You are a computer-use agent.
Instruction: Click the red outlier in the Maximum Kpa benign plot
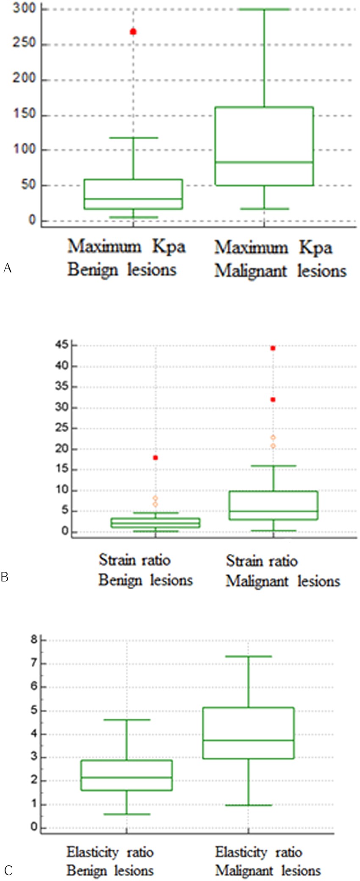coord(133,32)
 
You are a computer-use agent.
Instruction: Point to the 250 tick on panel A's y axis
coord(24,44)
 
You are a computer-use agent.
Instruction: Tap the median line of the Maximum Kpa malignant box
coord(264,162)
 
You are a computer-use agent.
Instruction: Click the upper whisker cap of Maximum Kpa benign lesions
coord(133,138)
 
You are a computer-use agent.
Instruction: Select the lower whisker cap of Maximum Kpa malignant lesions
coord(264,209)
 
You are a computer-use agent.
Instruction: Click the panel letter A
coord(7,268)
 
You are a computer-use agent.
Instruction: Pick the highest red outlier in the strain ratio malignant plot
coord(273,348)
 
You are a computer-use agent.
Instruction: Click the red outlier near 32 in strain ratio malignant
coord(273,400)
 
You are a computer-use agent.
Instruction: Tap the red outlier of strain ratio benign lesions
coord(155,458)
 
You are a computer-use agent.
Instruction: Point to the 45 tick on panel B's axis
coord(62,345)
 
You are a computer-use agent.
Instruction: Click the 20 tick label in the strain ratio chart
coord(62,449)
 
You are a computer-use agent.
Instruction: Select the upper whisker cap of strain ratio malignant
coord(274,466)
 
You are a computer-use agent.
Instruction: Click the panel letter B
coord(5,577)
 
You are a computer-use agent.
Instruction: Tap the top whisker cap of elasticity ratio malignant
coord(248,657)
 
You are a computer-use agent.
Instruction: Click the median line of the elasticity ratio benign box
coord(127,777)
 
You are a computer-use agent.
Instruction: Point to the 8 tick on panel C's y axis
coord(34,639)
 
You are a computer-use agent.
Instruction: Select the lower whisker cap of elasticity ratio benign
coord(127,814)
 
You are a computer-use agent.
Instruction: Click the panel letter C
coord(8,870)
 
